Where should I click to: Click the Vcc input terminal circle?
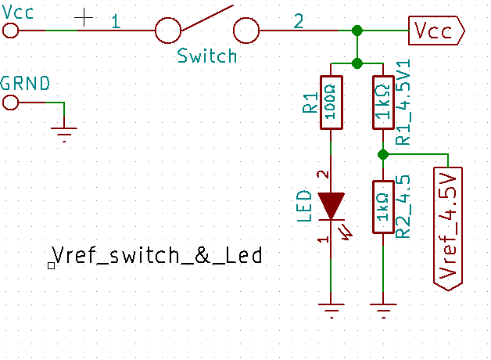[10, 31]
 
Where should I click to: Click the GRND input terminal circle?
[10, 103]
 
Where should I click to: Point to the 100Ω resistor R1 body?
[332, 102]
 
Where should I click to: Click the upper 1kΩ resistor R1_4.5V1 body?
[382, 102]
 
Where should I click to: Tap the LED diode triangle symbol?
[332, 205]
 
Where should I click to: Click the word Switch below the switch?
[206, 56]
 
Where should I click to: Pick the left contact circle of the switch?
[169, 31]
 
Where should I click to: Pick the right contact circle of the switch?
[246, 31]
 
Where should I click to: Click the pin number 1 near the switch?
[116, 22]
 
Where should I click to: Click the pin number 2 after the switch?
[299, 22]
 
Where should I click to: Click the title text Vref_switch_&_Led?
[156, 255]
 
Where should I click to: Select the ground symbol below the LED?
[332, 309]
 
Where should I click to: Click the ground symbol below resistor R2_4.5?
[382, 309]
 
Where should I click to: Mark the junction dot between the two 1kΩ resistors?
[382, 153]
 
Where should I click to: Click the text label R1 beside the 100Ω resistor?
[310, 102]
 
